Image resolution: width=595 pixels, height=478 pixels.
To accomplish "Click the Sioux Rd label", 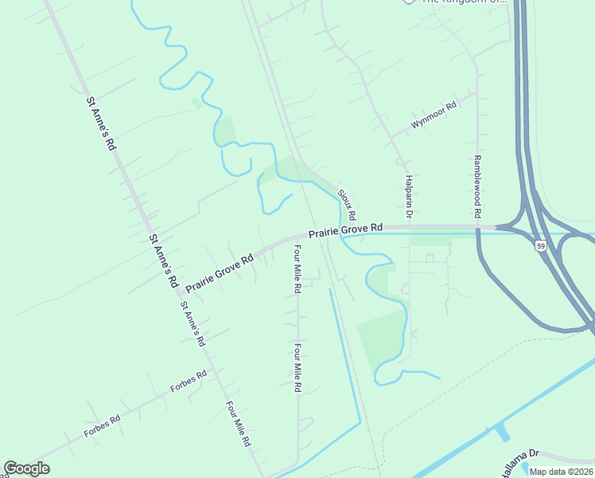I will (345, 205).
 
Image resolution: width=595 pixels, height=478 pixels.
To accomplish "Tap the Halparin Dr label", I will (408, 197).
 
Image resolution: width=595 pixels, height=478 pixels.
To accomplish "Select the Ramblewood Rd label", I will (478, 186).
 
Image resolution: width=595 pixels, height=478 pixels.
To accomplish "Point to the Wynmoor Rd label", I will (434, 116).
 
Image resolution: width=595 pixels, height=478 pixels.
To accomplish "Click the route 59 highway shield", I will (540, 245).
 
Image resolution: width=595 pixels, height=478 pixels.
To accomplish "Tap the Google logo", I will (26, 468).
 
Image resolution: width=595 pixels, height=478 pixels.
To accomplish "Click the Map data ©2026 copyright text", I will (561, 472).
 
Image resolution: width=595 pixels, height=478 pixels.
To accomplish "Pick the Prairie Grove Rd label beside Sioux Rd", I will (345, 230).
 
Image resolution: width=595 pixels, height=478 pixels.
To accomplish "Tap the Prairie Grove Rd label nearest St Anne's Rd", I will (220, 272).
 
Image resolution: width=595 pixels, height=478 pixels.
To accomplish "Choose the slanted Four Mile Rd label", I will (239, 423).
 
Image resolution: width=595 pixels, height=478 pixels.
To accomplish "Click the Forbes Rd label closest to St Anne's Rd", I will (189, 382).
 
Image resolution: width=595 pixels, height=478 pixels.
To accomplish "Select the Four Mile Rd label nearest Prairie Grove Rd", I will (297, 269).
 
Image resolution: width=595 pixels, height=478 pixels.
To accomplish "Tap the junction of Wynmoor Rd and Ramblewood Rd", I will (477, 92).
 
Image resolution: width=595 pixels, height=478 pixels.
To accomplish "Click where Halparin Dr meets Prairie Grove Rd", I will (409, 229).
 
